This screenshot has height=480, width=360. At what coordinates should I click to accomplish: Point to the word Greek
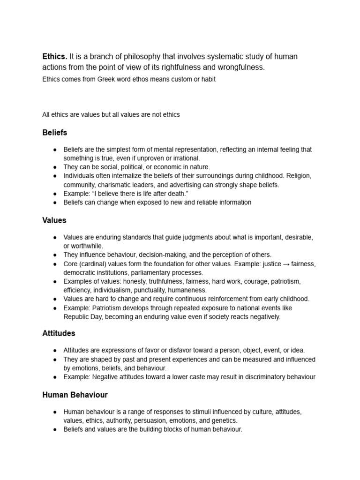(x=107, y=79)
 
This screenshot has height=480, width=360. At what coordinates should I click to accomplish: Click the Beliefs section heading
(x=54, y=133)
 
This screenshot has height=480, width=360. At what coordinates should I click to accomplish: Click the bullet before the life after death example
(x=55, y=194)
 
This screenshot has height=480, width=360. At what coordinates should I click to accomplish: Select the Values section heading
(x=54, y=220)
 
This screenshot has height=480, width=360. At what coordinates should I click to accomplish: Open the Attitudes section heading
(x=59, y=334)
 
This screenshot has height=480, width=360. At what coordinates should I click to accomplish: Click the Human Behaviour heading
(x=75, y=395)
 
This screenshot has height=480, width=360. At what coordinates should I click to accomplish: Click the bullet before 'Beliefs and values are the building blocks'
(x=55, y=429)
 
